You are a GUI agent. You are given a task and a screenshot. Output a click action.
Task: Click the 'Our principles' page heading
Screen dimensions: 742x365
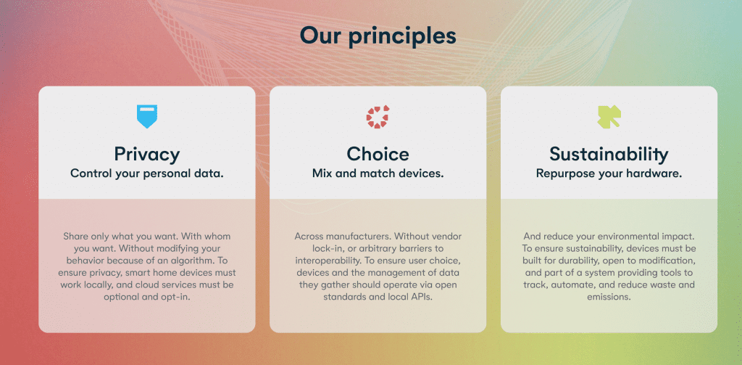pyautogui.click(x=378, y=36)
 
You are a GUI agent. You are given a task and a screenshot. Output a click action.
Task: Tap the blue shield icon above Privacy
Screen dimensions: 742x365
pyautogui.click(x=146, y=116)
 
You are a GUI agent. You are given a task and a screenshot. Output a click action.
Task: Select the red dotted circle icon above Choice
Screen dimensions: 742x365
pyautogui.click(x=378, y=117)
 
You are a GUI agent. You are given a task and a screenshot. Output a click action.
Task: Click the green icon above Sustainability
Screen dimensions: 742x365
pyautogui.click(x=609, y=117)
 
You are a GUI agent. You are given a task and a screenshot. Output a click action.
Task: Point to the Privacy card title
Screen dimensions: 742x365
pyautogui.click(x=146, y=154)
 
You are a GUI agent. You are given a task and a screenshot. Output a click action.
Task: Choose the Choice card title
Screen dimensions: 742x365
pyautogui.click(x=378, y=154)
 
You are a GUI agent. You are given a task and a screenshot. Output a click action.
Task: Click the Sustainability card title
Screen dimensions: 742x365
pyautogui.click(x=609, y=154)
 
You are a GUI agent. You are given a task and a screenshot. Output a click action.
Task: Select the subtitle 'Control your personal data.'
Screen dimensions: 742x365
pyautogui.click(x=146, y=173)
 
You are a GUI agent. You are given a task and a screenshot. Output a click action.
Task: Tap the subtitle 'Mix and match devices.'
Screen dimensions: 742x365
pyautogui.click(x=378, y=173)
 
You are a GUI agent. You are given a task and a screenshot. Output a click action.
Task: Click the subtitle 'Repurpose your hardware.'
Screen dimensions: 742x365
pyautogui.click(x=609, y=173)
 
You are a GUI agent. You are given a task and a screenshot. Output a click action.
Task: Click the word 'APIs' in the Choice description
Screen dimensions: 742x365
pyautogui.click(x=422, y=298)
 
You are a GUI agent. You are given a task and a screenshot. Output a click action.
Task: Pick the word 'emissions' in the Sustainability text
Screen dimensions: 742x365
pyautogui.click(x=609, y=298)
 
